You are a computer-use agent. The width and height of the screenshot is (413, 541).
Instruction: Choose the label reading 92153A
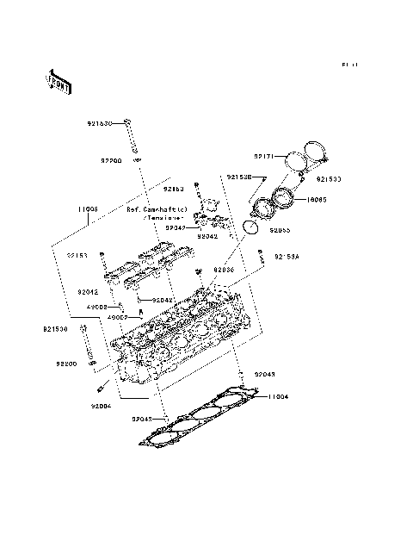(287, 256)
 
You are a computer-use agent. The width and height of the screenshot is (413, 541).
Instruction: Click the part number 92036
(223, 270)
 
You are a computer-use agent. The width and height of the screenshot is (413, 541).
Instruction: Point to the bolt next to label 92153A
(261, 256)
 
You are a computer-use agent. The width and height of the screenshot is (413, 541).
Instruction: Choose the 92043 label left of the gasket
(143, 419)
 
